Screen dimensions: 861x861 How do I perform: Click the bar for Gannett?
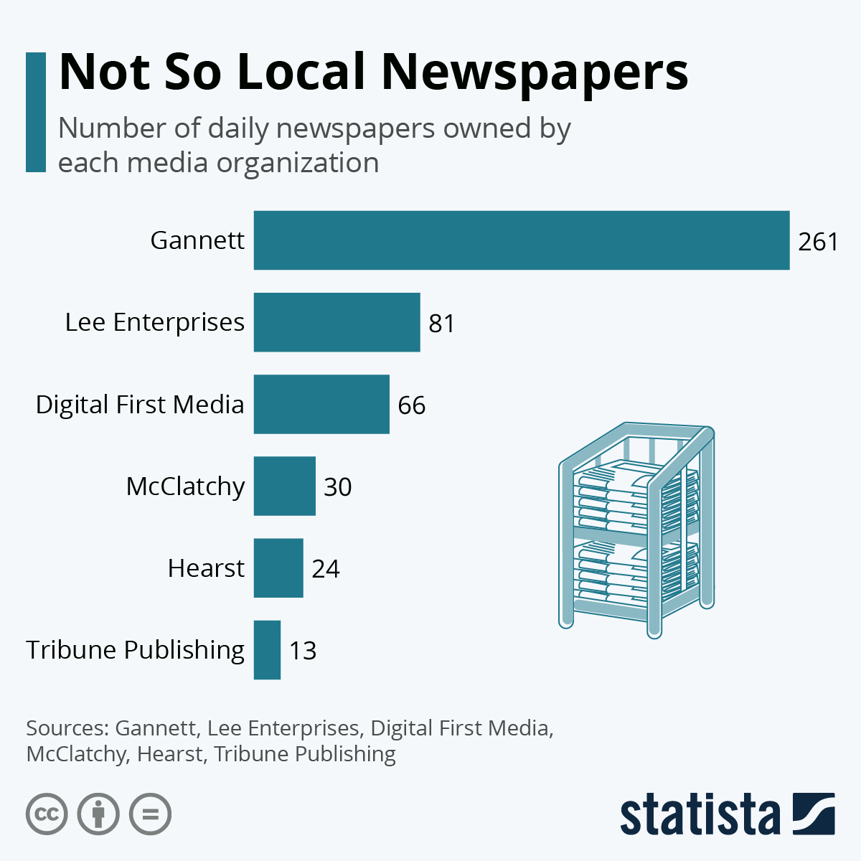[522, 240]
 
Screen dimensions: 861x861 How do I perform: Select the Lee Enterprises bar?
[337, 322]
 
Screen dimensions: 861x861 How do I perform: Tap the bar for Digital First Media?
[321, 404]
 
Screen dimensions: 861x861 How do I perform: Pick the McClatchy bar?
[284, 486]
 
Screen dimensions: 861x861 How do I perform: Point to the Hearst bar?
[278, 568]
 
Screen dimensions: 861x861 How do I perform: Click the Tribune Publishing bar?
[267, 649]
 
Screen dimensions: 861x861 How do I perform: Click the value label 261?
[818, 242]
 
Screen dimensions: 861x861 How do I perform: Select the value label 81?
[442, 324]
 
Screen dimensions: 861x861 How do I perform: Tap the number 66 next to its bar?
[412, 405]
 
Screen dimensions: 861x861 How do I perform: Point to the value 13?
[303, 651]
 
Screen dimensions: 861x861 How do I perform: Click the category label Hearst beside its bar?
[206, 568]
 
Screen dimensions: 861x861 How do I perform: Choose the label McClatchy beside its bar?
[185, 486]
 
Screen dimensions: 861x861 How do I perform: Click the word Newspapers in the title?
[535, 73]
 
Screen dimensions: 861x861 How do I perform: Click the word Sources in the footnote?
[67, 728]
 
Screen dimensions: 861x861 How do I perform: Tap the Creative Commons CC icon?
[47, 814]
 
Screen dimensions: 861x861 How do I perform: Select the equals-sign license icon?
[150, 814]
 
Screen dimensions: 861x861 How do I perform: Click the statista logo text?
[700, 815]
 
